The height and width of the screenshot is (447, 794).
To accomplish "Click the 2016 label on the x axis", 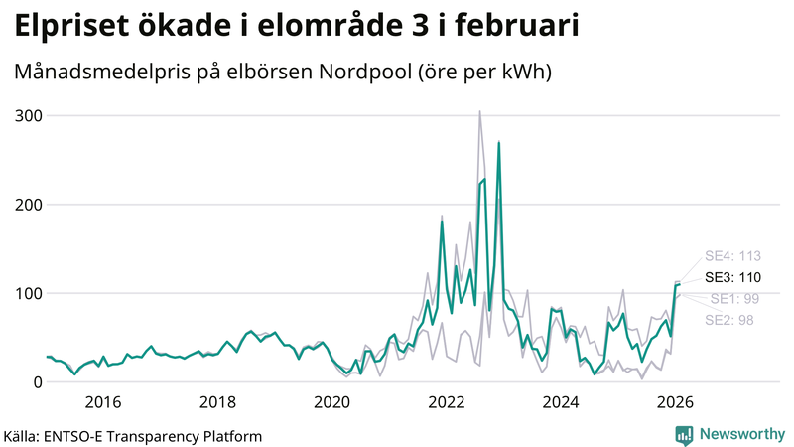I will (x=103, y=401).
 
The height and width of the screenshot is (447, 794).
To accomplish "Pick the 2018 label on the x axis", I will (x=217, y=401).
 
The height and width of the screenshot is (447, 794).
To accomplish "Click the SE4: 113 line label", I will (x=732, y=256).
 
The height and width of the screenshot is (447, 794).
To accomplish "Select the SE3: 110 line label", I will (x=732, y=277).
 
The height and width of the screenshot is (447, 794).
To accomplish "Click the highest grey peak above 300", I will (x=480, y=112).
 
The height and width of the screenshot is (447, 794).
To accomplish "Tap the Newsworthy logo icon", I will (x=684, y=434).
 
